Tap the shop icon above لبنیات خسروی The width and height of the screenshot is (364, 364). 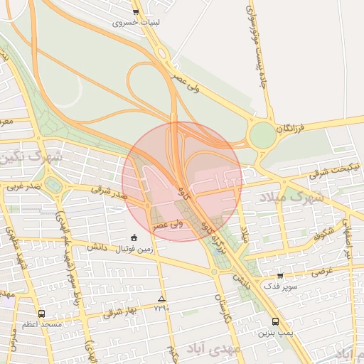[x=136, y=12]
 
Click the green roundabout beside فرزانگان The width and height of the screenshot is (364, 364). [x=262, y=134]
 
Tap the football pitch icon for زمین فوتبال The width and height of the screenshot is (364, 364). [x=134, y=237]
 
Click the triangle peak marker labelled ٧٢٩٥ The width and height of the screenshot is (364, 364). [x=162, y=299]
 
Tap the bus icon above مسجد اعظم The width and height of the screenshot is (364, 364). [x=41, y=314]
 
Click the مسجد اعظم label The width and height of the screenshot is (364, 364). [x=41, y=324]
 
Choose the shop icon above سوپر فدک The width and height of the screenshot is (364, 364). [x=279, y=276]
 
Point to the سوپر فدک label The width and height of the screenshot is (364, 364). [x=279, y=287]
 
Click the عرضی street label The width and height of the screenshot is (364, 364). [x=321, y=271]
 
